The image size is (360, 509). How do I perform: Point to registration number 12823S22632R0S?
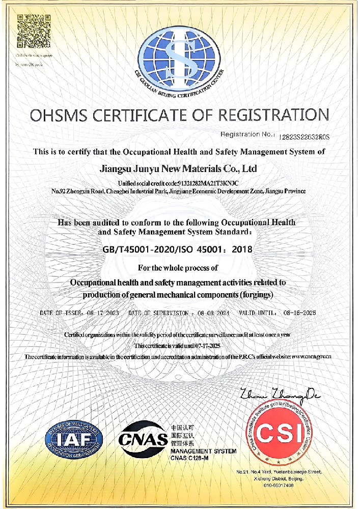coord(304,136)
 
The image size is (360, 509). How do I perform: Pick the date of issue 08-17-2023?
coord(102,313)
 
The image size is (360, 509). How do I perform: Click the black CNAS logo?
coord(144,438)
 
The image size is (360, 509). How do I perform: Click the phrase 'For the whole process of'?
coord(178,267)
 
